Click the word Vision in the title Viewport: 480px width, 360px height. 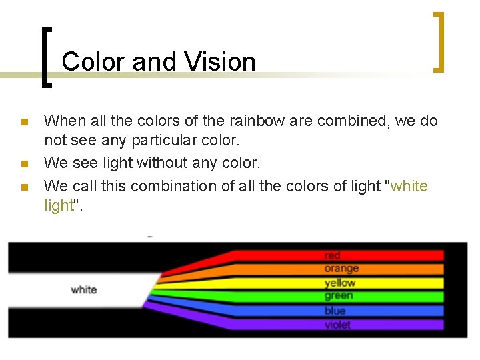(221, 62)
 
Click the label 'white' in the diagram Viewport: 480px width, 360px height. (84, 289)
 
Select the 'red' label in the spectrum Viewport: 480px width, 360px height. (332, 255)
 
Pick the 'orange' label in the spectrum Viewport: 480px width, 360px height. (341, 269)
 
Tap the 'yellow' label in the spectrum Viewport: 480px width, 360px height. (340, 283)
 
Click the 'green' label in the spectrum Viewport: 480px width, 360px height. (339, 296)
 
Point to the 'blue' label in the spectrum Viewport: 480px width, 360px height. (335, 311)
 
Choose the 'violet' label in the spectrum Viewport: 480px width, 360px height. (337, 325)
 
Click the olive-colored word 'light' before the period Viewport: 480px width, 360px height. (58, 205)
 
